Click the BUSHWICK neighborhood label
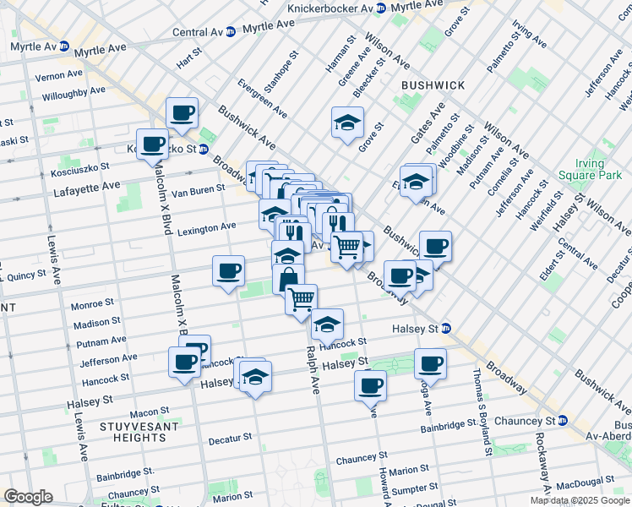pos(433,85)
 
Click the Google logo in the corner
pos(28,497)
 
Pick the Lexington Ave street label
pos(204,226)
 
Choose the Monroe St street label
pos(93,303)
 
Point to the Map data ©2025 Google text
pos(580,500)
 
